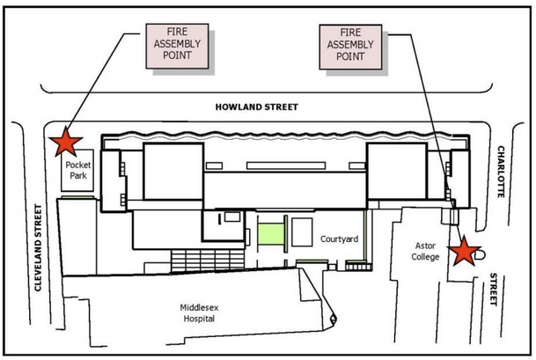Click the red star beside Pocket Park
tap(66, 143)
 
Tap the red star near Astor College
tap(465, 251)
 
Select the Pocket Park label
tap(78, 170)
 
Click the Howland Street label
tap(257, 107)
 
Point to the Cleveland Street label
tap(38, 248)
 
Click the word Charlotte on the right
tap(501, 172)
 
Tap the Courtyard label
tap(339, 239)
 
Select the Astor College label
tap(425, 251)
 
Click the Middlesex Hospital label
tap(199, 312)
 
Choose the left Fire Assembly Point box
tap(177, 46)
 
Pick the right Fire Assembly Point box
tap(350, 47)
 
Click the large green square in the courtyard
tap(271, 234)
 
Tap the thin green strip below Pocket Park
tap(77, 197)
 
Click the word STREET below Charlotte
tap(493, 290)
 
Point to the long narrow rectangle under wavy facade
tap(286, 165)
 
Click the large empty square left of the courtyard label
tap(302, 232)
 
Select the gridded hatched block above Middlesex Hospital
tap(208, 261)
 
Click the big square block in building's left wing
tap(173, 172)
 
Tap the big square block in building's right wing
tap(397, 171)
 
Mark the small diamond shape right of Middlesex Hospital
tap(333, 320)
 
